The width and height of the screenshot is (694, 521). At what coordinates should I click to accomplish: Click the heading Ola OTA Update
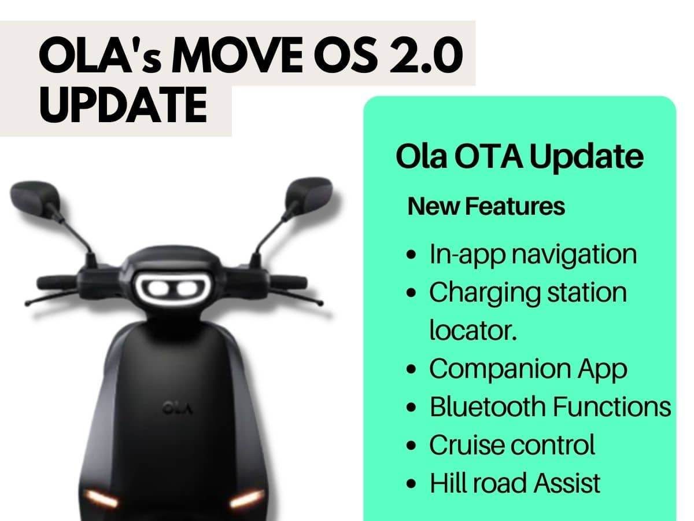click(519, 157)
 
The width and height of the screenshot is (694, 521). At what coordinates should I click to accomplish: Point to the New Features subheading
click(486, 207)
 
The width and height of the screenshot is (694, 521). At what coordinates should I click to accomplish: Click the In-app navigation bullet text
click(533, 254)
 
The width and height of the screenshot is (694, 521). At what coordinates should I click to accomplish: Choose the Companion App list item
click(527, 369)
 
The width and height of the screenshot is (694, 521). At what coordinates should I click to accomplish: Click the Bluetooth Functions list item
click(550, 406)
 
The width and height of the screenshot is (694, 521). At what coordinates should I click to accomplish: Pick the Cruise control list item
click(511, 445)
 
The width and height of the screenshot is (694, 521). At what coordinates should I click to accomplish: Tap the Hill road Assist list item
click(515, 483)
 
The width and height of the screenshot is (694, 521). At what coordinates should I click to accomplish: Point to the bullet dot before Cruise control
click(411, 446)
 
